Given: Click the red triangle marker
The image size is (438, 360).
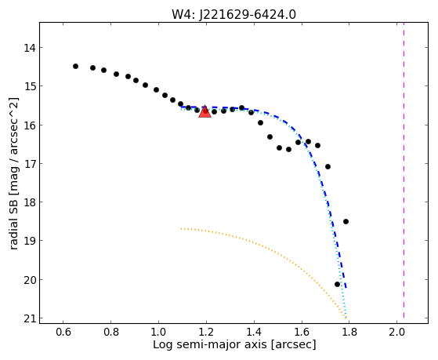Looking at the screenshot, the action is tap(205, 111).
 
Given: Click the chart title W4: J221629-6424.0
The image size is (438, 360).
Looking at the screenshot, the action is tap(233, 14).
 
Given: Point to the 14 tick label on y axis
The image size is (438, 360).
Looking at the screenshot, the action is tap(30, 48).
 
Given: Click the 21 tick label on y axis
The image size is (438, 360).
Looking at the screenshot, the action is tap(30, 318).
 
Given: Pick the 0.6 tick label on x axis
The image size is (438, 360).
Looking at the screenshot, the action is tap(63, 333).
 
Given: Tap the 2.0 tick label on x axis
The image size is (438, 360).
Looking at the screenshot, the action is tap(396, 333).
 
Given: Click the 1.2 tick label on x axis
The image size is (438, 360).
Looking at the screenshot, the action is tap(206, 333).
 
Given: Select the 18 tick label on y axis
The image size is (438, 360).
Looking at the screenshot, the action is tap(30, 202).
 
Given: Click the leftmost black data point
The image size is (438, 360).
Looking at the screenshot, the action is tap(75, 67).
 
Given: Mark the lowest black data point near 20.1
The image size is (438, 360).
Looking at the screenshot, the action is tap(337, 284).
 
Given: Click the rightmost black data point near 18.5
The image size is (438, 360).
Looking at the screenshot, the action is tap(346, 221).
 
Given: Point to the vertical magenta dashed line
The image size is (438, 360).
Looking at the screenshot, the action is tap(404, 170).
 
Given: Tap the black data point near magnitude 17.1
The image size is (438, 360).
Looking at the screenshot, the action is tap(328, 167).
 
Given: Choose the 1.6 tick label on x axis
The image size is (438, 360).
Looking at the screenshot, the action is tap(302, 333).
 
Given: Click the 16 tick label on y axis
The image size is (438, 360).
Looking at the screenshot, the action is tap(30, 125).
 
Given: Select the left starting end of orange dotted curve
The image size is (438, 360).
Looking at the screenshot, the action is tap(181, 228).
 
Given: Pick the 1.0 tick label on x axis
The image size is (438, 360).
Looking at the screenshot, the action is tap(158, 333).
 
